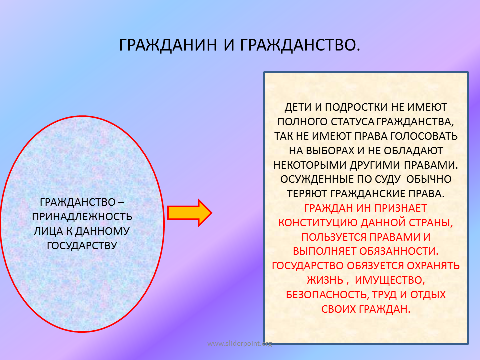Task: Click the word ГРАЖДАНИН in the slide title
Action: coord(168,45)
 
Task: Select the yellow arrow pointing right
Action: coord(190,213)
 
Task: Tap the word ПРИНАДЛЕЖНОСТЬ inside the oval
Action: coord(82,216)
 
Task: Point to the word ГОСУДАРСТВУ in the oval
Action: coord(82,245)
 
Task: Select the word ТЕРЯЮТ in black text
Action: coord(307,194)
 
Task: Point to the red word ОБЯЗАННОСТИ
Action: coord(399,251)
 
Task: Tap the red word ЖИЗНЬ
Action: coord(325,280)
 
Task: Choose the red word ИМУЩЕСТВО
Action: coord(390,280)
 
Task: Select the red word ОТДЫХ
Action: coord(428,295)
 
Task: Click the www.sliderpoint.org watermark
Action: coord(239,344)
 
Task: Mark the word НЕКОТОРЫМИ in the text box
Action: coord(310,165)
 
